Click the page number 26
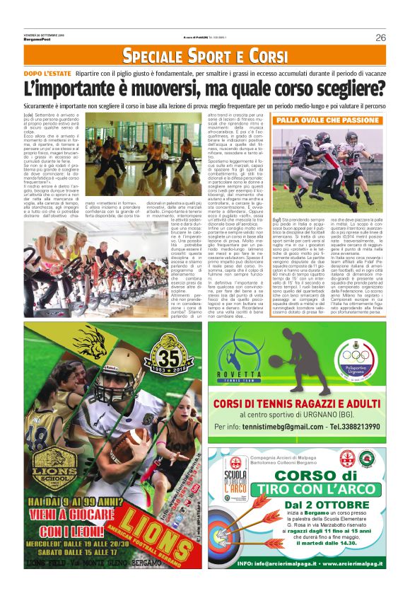380,38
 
